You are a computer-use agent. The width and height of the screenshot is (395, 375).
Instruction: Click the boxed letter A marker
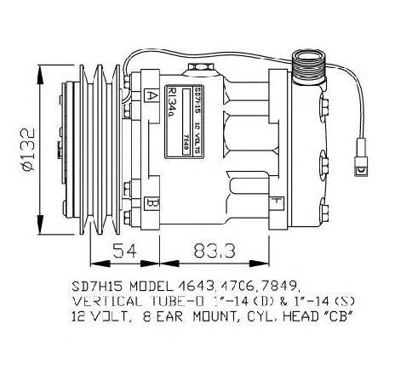[151, 95]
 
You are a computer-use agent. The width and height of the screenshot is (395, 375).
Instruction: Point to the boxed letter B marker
[151, 204]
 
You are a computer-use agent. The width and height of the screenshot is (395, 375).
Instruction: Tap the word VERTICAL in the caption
[110, 300]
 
